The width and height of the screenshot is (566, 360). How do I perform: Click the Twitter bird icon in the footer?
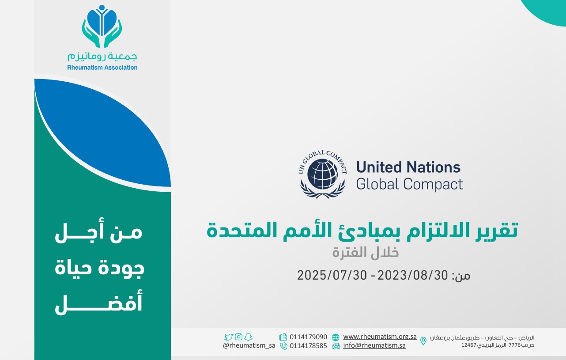tap(228, 337)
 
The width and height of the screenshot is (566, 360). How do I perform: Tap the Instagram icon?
tap(238, 337)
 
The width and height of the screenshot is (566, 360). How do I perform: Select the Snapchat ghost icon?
tap(249, 337)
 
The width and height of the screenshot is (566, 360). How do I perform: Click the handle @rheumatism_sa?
tap(249, 345)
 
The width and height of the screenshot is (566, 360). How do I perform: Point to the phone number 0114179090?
tap(308, 337)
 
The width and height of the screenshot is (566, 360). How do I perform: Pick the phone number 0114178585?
tap(308, 345)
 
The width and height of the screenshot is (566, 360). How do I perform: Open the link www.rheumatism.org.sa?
tap(380, 337)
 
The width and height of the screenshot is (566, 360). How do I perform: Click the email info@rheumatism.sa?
tap(374, 345)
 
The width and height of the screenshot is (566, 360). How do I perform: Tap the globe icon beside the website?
tap(336, 337)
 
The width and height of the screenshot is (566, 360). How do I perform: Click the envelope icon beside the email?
tap(336, 346)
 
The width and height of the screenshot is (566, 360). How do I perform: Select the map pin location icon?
tap(423, 341)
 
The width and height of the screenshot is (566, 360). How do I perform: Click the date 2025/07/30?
tap(332, 275)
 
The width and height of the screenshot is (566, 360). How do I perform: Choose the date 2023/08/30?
tap(412, 275)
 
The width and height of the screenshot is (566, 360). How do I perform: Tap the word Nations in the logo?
tap(434, 167)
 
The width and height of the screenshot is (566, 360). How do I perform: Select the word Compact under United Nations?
tap(433, 184)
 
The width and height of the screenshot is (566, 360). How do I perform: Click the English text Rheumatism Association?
tap(102, 68)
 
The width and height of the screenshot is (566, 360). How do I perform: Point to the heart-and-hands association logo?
tap(102, 27)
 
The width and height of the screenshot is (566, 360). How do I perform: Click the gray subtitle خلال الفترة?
tap(366, 253)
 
